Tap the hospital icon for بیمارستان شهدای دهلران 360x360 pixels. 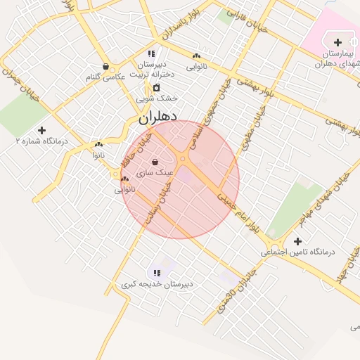[337, 43]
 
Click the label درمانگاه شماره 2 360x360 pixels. [42, 141]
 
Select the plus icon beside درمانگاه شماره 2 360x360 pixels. [41, 130]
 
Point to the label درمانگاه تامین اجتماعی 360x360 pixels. [299, 252]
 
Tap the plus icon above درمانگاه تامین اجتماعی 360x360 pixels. [298, 241]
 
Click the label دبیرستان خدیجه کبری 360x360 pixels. [157, 284]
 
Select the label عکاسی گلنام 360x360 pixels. [106, 77]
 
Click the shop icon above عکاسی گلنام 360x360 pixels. [105, 67]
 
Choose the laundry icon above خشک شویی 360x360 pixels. [156, 88]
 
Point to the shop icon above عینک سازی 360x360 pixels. [154, 162]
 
